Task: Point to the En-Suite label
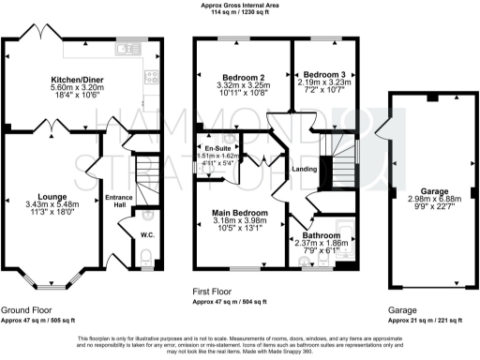click(218, 148)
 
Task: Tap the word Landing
click(305, 169)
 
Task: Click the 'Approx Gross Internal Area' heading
click(240, 6)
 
